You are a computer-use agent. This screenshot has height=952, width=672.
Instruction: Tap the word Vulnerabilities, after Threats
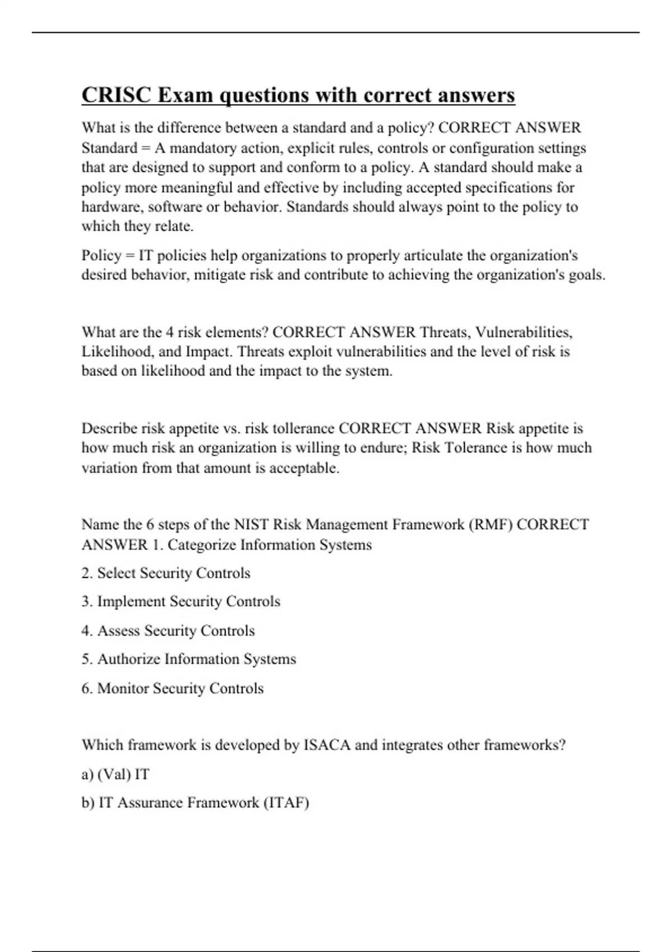[524, 332]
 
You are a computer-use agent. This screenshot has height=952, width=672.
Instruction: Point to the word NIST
[251, 525]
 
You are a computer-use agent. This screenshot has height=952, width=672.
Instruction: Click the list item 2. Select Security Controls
[166, 573]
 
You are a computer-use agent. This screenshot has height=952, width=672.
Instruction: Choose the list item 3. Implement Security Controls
[180, 601]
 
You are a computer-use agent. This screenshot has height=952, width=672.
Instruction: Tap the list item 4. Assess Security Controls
[168, 631]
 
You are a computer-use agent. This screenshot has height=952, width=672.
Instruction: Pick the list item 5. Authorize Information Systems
[188, 659]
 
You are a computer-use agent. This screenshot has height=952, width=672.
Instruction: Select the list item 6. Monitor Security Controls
[172, 688]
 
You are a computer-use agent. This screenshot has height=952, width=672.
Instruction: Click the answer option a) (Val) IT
[115, 774]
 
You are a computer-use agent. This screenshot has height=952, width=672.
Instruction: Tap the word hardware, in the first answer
[113, 207]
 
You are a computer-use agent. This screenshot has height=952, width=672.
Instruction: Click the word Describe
[109, 428]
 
